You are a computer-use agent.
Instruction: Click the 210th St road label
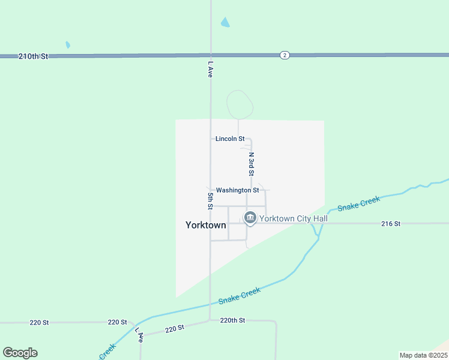pos(33,56)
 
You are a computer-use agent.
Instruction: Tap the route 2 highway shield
pos(285,55)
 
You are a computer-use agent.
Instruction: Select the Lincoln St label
pos(230,139)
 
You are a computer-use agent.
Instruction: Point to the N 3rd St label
pos(252,163)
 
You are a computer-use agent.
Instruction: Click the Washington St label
pos(237,190)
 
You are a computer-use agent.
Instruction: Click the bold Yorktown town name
pos(206,226)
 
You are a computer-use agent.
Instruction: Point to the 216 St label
pos(390,223)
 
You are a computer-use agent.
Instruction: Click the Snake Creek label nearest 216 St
pos(358,203)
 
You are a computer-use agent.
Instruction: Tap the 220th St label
pos(233,320)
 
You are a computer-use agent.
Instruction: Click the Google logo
pos(20,353)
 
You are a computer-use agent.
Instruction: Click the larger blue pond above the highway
pos(225,23)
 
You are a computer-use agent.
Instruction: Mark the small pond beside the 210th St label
pos(68,45)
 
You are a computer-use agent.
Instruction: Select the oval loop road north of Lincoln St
pos(240,104)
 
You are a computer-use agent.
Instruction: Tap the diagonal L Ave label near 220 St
pos(140,335)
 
